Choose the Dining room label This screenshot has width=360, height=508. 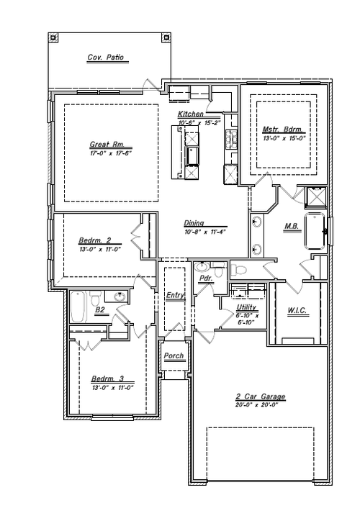(194, 222)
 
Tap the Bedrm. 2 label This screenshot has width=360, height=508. (94, 240)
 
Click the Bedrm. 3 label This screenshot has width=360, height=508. (107, 379)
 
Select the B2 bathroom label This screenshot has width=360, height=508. (101, 310)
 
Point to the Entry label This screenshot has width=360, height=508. (174, 296)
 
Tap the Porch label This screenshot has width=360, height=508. (174, 356)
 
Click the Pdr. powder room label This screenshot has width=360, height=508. (205, 276)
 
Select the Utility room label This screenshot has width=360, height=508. (247, 307)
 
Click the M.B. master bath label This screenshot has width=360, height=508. (292, 226)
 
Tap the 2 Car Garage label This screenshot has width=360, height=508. (260, 396)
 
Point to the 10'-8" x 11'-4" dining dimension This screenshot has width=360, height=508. (204, 232)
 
